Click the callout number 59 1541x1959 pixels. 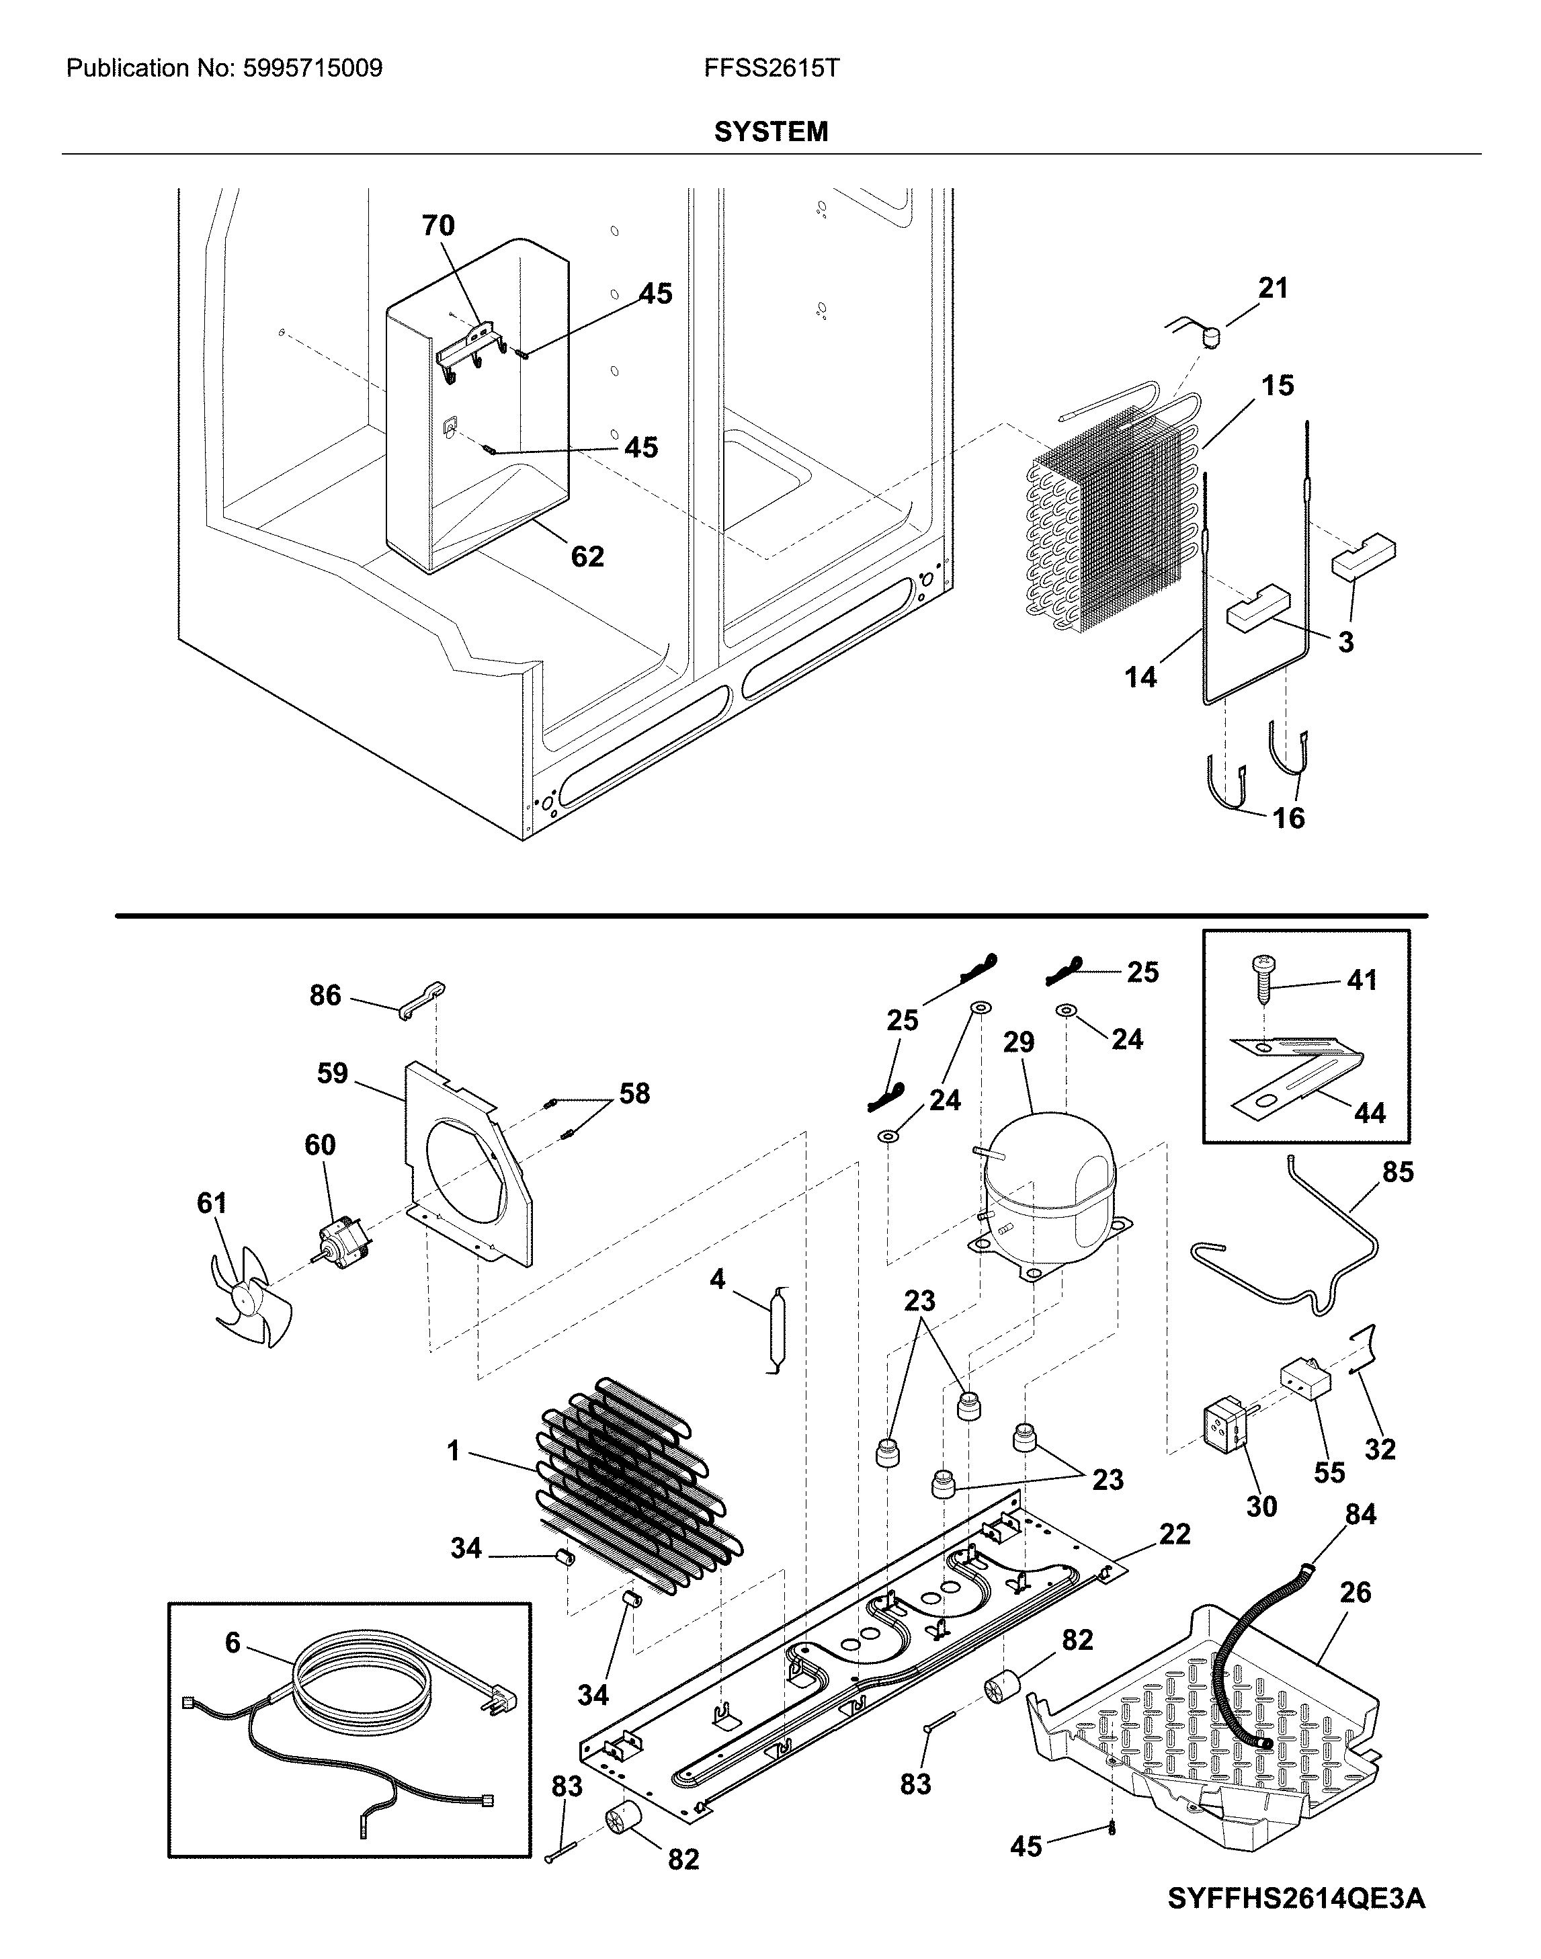coord(332,1074)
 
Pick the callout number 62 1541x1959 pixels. coord(587,556)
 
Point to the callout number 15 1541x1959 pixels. coord(1277,386)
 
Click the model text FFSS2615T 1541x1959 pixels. coord(772,69)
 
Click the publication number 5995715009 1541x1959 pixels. coord(313,69)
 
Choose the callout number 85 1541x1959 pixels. coord(1398,1172)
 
